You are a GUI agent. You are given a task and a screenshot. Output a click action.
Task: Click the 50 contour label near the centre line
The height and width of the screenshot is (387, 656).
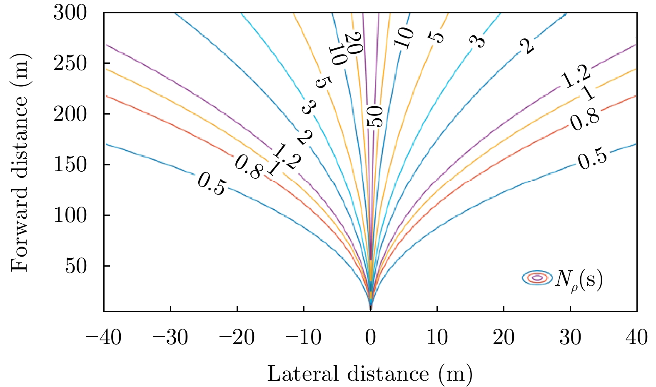[374, 117]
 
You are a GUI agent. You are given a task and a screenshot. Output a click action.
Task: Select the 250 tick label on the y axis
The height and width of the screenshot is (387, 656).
[70, 63]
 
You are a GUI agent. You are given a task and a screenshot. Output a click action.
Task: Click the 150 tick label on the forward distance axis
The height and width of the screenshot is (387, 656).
[70, 165]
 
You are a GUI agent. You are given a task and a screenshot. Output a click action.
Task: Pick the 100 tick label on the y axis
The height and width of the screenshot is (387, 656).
[70, 215]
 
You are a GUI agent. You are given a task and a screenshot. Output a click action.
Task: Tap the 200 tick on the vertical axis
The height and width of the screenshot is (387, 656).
[70, 114]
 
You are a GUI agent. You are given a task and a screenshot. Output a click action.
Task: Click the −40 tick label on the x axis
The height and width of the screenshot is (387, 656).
[104, 337]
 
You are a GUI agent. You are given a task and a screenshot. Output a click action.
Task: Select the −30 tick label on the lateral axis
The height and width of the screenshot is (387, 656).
[170, 337]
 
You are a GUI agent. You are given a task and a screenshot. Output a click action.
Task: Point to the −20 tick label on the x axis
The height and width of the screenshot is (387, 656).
[237, 337]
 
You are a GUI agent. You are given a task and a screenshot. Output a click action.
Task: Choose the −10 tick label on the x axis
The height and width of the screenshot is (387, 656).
[304, 337]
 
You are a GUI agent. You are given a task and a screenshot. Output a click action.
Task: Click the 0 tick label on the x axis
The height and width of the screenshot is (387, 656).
[371, 337]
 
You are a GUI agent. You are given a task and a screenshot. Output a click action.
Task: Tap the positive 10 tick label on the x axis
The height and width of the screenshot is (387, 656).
[437, 337]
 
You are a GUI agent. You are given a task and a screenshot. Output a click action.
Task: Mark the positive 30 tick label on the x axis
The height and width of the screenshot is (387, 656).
[571, 337]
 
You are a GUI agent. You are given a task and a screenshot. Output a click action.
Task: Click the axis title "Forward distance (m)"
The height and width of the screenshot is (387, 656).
[20, 162]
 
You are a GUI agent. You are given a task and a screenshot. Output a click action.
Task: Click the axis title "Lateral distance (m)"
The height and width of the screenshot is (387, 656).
[370, 373]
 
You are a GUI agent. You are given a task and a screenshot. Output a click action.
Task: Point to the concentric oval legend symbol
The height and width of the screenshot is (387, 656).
[538, 278]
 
